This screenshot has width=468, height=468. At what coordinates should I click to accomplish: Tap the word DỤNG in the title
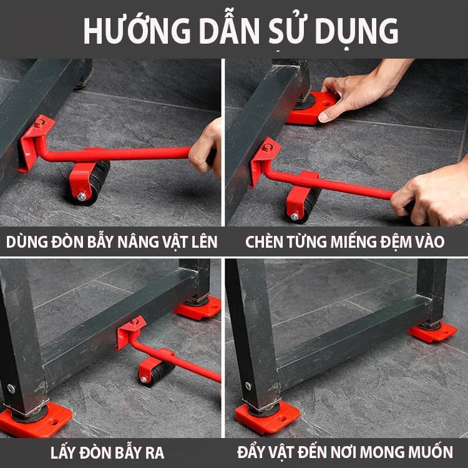click(357, 31)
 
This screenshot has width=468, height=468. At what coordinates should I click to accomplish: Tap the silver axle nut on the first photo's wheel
click(81, 196)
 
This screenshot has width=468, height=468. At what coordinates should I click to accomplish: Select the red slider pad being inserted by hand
click(310, 108)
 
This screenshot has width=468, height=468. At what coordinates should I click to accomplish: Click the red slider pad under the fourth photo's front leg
click(267, 417)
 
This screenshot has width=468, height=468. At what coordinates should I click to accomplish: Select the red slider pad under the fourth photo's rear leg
click(432, 332)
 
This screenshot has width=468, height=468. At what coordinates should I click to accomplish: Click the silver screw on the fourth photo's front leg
click(248, 386)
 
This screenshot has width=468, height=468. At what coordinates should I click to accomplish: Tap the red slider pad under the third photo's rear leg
click(198, 308)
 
